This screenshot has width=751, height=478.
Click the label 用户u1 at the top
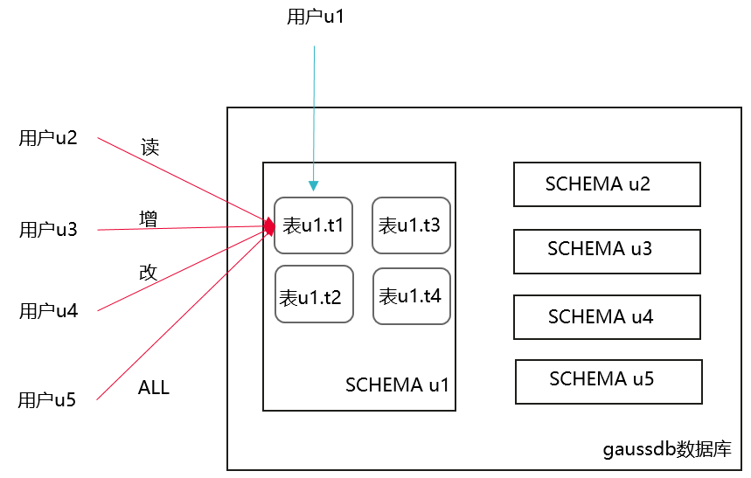click(316, 17)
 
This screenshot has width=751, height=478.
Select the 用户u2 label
click(48, 138)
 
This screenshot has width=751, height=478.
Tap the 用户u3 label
click(48, 230)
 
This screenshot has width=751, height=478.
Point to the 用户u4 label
click(48, 310)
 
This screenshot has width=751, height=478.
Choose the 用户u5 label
click(47, 400)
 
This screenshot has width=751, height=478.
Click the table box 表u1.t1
click(313, 225)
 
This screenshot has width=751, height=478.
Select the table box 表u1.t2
click(314, 295)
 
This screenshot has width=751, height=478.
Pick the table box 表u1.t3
click(410, 225)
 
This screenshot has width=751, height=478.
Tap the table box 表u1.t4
click(410, 295)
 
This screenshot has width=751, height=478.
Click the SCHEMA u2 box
click(607, 184)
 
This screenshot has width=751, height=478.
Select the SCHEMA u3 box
click(607, 251)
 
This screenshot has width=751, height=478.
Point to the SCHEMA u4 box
click(607, 317)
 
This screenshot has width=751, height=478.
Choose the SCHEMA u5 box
click(608, 381)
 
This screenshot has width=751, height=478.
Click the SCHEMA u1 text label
click(397, 385)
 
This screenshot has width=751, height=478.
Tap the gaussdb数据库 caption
click(667, 450)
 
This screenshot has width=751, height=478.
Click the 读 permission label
click(150, 148)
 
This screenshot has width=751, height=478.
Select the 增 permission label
click(149, 218)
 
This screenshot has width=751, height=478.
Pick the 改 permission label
click(149, 272)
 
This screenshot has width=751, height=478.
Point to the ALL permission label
click(154, 388)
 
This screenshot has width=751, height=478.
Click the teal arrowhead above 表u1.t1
click(314, 186)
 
